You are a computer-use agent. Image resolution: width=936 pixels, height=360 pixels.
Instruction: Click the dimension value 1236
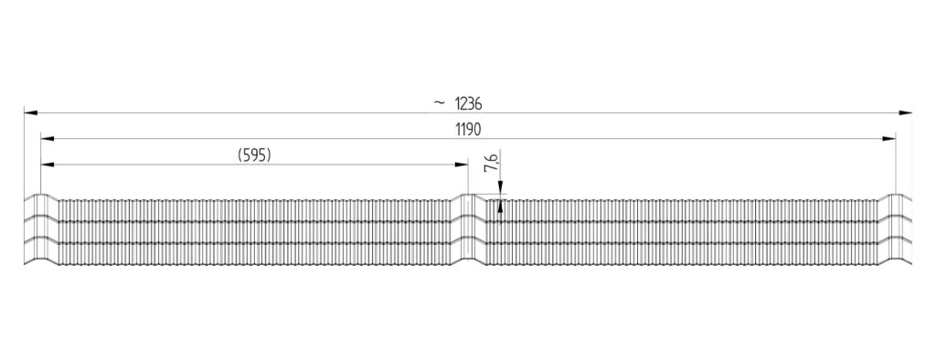coord(468,103)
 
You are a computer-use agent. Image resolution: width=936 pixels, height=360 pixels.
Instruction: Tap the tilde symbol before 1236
coord(440,103)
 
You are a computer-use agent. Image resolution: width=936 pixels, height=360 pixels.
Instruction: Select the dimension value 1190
coord(468,129)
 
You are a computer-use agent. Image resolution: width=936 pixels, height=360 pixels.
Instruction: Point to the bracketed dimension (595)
coord(254,155)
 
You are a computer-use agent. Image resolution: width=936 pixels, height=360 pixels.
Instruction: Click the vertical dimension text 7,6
coord(491,163)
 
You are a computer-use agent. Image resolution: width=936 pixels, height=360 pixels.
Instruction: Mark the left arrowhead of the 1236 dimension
coord(31,112)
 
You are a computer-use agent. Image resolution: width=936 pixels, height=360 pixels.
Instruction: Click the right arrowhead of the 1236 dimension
coord(905,112)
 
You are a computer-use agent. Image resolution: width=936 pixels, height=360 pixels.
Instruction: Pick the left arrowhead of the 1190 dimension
coord(48,139)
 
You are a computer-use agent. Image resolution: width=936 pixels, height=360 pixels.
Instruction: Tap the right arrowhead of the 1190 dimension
coord(888,139)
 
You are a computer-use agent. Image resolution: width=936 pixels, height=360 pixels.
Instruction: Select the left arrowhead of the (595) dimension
coord(48,164)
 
